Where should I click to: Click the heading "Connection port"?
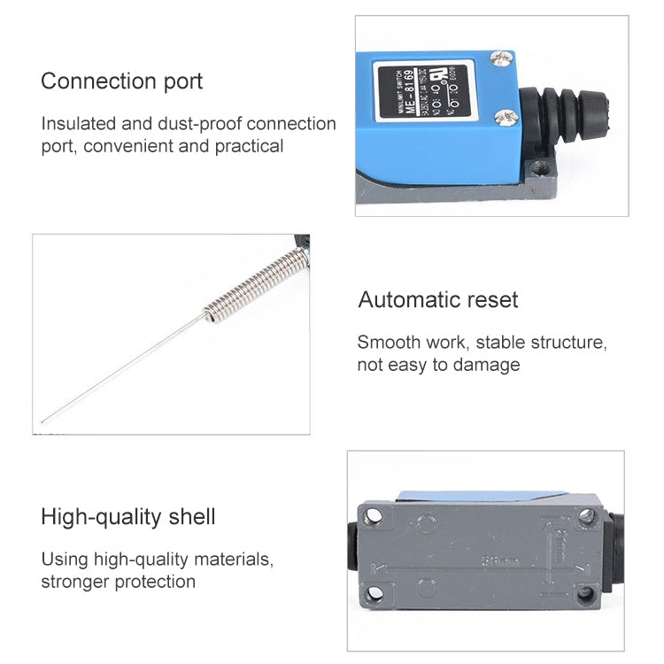pos(121,81)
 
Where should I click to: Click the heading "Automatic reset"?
pos(438,300)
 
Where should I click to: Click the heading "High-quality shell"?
pos(127,517)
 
